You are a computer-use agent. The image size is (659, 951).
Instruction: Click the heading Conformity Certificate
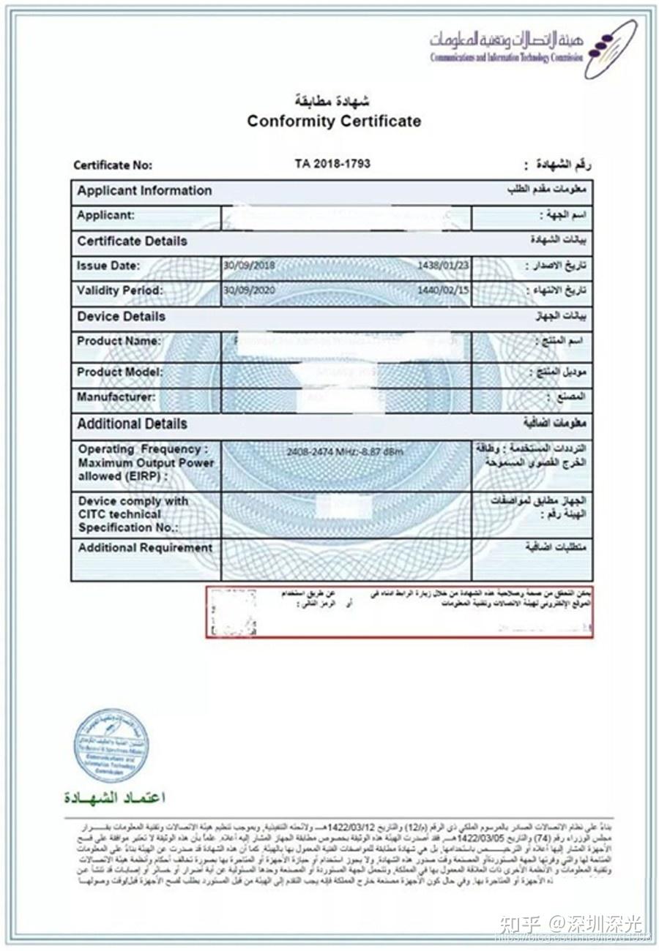pyautogui.click(x=334, y=121)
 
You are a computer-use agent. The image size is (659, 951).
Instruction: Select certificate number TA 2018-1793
pyautogui.click(x=332, y=164)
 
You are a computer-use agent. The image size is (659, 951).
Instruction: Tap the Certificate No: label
pyautogui.click(x=113, y=165)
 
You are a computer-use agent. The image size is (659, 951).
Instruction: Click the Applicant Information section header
pyautogui.click(x=144, y=191)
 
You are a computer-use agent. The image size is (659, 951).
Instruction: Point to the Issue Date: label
pyautogui.click(x=108, y=266)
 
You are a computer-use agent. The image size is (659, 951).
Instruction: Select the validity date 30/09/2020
pyautogui.click(x=250, y=290)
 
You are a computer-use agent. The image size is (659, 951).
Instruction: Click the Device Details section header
pyautogui.click(x=121, y=317)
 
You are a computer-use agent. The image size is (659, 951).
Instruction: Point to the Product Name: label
pyautogui.click(x=119, y=341)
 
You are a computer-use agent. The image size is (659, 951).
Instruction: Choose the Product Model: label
pyautogui.click(x=119, y=372)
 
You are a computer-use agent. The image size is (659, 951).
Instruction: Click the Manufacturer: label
pyautogui.click(x=116, y=397)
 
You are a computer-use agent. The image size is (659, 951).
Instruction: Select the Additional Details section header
pyautogui.click(x=132, y=424)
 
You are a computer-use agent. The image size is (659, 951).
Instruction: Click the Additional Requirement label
pyautogui.click(x=145, y=548)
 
